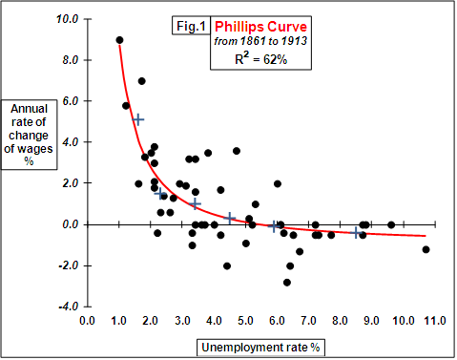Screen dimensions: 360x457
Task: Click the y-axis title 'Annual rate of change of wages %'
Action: click(x=28, y=135)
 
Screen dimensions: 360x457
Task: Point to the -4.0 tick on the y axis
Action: click(x=67, y=307)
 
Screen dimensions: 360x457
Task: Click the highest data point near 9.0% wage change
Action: click(x=119, y=40)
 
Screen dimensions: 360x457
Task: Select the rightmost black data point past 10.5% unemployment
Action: click(x=426, y=249)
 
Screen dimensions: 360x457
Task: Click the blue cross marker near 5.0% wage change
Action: click(x=138, y=119)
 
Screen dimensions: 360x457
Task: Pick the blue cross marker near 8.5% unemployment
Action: click(x=356, y=233)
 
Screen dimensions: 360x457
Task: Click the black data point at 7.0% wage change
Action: click(x=142, y=81)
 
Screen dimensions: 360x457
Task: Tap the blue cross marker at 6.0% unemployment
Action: click(x=275, y=226)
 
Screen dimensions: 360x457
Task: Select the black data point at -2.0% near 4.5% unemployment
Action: click(x=227, y=265)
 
